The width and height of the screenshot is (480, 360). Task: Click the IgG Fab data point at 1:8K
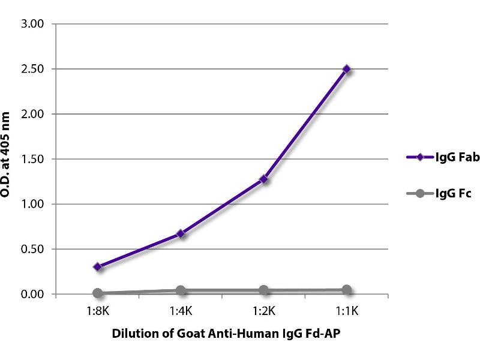coord(97,266)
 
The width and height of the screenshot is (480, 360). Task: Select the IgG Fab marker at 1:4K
coord(180,233)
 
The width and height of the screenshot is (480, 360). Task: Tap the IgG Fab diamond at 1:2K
coord(263,179)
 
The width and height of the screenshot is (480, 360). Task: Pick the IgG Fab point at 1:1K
coord(346,69)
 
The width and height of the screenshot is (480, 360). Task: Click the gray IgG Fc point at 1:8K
coord(97,293)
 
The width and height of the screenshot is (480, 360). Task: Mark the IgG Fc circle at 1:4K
coord(180,290)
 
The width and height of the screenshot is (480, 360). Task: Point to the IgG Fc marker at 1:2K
coord(263,290)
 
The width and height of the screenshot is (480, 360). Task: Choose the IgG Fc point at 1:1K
coord(346,290)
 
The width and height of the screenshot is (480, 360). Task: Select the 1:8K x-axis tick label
coord(97,312)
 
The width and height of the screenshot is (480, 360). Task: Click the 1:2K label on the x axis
coord(263,312)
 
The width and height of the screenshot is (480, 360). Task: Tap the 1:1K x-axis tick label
coord(346,312)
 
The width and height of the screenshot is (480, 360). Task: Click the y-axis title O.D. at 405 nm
coord(8,159)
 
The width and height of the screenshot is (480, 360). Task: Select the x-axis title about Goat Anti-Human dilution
coord(222,335)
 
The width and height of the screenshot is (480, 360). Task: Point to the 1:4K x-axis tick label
coord(180,312)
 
